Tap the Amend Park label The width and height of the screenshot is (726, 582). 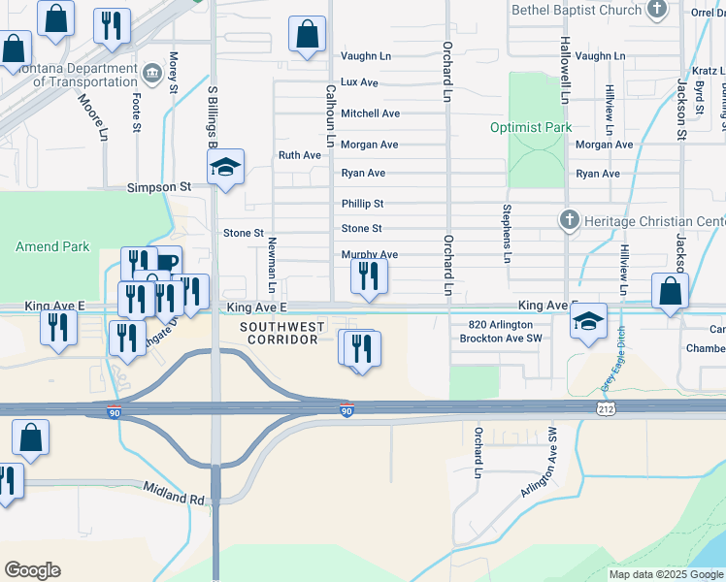click(x=52, y=247)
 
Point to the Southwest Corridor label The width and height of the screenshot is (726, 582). click(x=283, y=334)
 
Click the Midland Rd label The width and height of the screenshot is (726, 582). click(x=175, y=492)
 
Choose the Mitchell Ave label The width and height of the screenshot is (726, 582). click(x=370, y=113)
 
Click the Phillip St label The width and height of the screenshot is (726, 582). click(x=362, y=204)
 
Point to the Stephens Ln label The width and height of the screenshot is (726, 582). click(x=506, y=234)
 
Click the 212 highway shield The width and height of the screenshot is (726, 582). click(x=604, y=411)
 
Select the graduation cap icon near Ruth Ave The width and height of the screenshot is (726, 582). click(x=225, y=168)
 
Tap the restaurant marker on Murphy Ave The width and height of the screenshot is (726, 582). click(x=368, y=276)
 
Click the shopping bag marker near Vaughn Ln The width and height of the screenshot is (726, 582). click(x=308, y=36)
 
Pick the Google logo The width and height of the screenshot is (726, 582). click(x=33, y=570)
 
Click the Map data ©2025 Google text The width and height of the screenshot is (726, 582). click(x=665, y=574)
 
